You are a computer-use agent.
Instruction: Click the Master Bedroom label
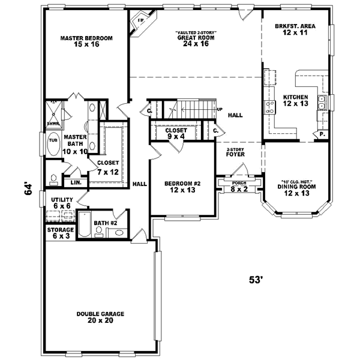pyautogui.click(x=86, y=38)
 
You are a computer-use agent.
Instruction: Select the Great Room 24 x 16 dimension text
pyautogui.click(x=196, y=44)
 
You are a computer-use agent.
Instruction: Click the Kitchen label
pyautogui.click(x=295, y=98)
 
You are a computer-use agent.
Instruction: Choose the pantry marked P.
pyautogui.click(x=322, y=134)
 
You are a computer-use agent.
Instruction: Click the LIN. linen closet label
pyautogui.click(x=76, y=182)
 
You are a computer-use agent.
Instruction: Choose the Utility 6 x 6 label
pyautogui.click(x=61, y=202)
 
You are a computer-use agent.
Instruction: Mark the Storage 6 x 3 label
pyautogui.click(x=61, y=233)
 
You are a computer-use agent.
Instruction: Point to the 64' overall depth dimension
pyautogui.click(x=27, y=188)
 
